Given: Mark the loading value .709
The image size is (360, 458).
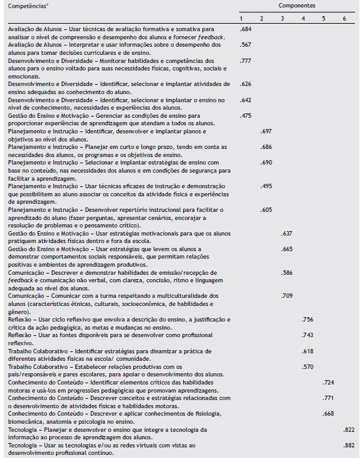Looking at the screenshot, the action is [287, 295].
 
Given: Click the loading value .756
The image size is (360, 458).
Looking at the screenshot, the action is [307, 318].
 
